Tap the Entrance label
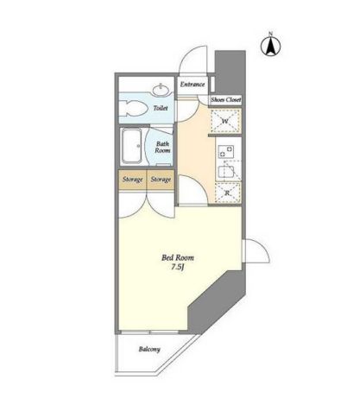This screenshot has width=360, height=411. click(x=193, y=85)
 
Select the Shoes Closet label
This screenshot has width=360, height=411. click(x=225, y=100)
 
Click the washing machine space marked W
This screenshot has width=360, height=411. click(x=225, y=121)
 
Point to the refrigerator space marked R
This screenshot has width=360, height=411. click(x=227, y=193)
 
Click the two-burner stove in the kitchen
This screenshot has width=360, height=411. click(x=226, y=151)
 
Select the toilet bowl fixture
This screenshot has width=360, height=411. click(x=132, y=108)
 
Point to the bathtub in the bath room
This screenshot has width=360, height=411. click(x=132, y=146)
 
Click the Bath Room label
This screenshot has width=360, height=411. click(x=162, y=147)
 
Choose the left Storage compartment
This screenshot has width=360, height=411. click(x=133, y=180)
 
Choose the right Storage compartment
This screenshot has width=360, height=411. click(x=161, y=180)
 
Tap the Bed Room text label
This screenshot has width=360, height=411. click(x=178, y=257)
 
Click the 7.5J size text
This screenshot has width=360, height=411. click(x=178, y=267)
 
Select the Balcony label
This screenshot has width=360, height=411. click(x=149, y=350)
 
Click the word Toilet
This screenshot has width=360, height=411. click(x=161, y=108)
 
